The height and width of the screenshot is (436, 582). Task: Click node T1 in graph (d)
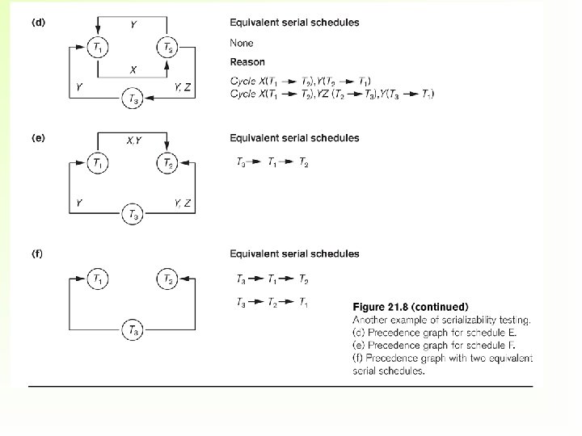(98, 48)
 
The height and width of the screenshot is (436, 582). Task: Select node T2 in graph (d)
(167, 48)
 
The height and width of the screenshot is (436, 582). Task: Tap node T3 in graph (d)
(133, 99)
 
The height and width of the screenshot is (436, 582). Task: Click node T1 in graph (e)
(98, 162)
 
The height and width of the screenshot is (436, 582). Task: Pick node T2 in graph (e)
(167, 162)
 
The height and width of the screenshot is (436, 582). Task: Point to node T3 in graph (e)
(133, 213)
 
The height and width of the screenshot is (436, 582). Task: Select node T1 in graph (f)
(98, 279)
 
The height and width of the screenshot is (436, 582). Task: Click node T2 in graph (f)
(167, 279)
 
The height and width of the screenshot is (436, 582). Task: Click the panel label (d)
(38, 22)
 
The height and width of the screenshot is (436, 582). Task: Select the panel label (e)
(38, 138)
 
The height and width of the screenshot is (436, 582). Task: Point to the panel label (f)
(38, 254)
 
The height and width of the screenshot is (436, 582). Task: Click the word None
(242, 42)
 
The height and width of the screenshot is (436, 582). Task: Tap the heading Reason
(247, 61)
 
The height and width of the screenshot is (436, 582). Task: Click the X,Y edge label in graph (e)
(134, 140)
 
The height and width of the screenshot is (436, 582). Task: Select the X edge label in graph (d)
(133, 69)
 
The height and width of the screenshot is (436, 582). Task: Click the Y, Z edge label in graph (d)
(182, 86)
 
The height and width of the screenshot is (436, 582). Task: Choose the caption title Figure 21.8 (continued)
(410, 307)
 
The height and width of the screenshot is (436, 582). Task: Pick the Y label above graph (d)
(133, 24)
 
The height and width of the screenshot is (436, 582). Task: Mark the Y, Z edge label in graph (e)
(182, 202)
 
